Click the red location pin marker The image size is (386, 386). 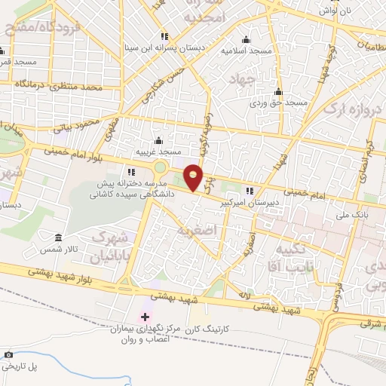pos(194,177)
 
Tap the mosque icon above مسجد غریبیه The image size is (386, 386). pos(158,141)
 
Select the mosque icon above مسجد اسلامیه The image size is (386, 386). pos(245,40)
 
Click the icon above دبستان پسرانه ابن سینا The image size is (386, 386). pos(164,37)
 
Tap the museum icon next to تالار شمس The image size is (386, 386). pos(59,237)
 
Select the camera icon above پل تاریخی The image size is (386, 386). pos(8,354)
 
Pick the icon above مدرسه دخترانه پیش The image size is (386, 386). pos(131,172)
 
